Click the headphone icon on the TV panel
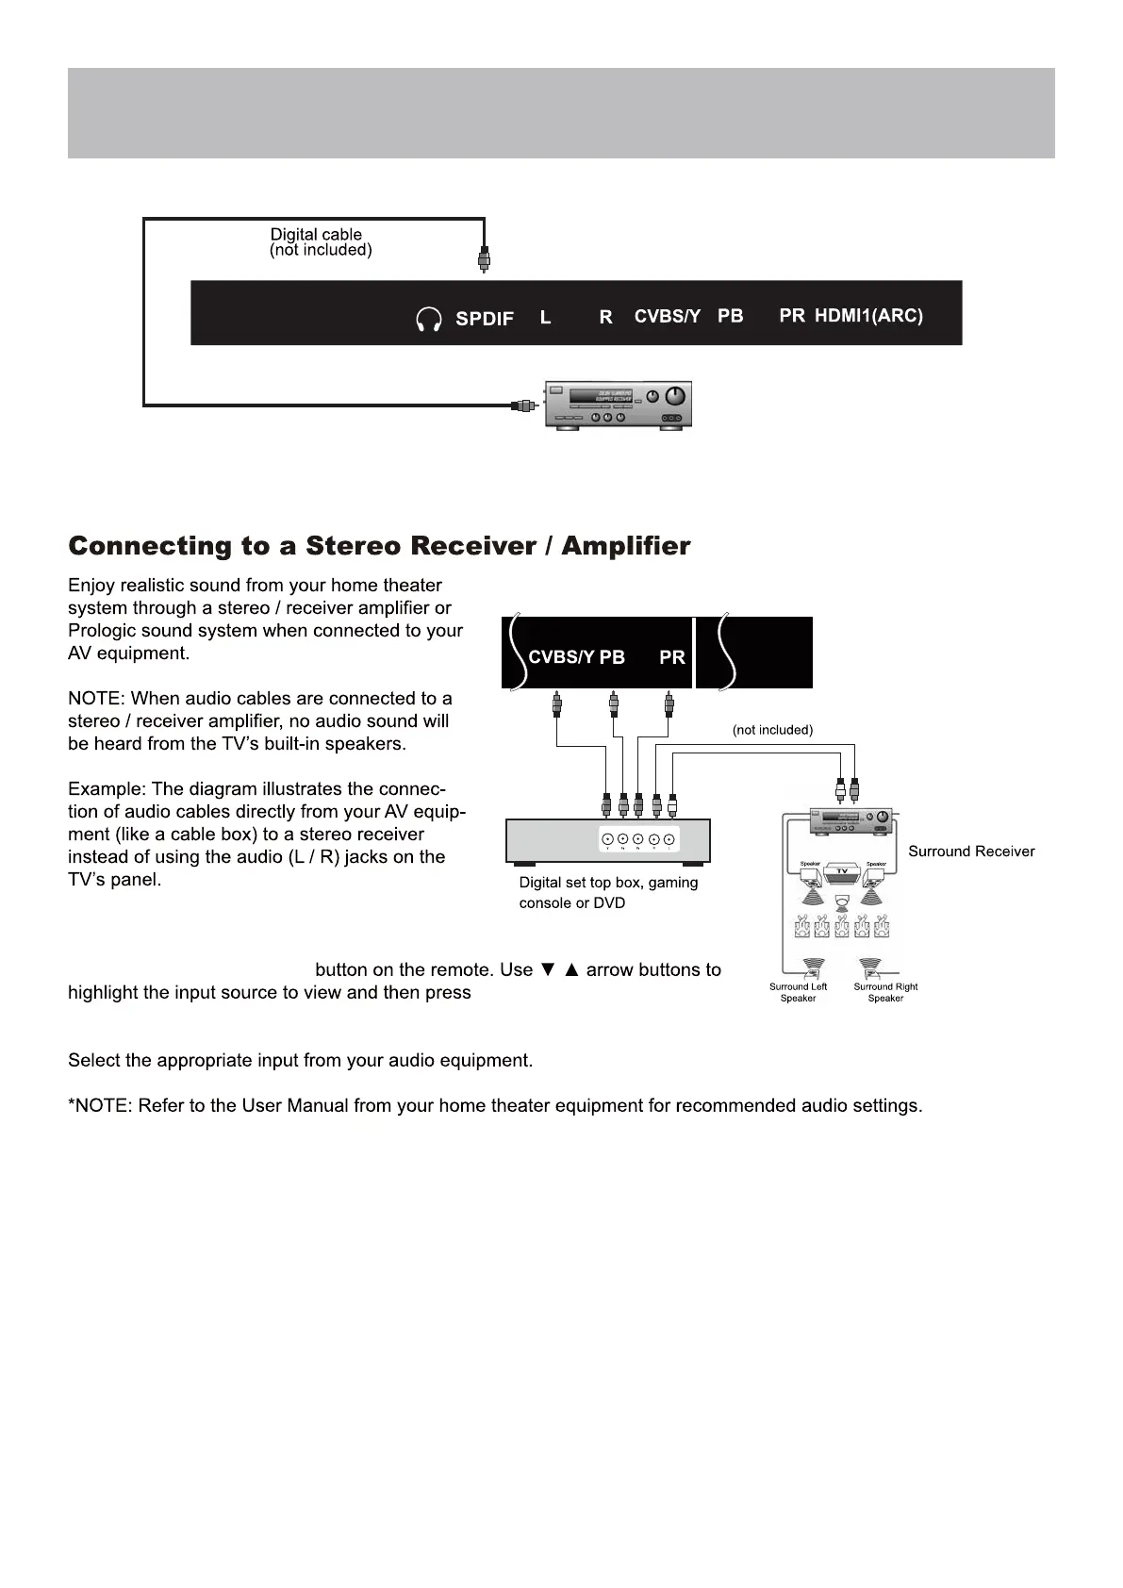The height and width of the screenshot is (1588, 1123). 429,320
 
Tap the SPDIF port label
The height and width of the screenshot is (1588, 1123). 485,319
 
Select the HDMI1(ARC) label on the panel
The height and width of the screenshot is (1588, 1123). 868,316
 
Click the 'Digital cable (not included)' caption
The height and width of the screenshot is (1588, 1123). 321,242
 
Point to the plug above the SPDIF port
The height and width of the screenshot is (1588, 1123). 484,258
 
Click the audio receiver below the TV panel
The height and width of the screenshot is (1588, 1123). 619,405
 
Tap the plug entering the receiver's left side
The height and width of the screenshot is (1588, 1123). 524,405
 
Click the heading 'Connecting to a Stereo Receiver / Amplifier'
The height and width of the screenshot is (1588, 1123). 379,547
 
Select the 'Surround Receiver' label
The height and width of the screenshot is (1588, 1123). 971,852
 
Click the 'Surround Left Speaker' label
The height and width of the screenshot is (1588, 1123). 798,992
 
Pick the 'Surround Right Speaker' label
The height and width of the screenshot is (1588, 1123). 885,992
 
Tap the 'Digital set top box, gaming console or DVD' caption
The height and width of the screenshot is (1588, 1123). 608,893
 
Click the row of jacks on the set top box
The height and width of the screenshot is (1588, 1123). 638,839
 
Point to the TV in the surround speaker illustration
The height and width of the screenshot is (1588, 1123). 842,871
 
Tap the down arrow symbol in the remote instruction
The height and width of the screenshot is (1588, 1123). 548,970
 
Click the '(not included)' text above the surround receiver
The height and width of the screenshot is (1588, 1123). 772,730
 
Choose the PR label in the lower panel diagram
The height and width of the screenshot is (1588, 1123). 672,657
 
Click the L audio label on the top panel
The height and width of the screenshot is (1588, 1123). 545,318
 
